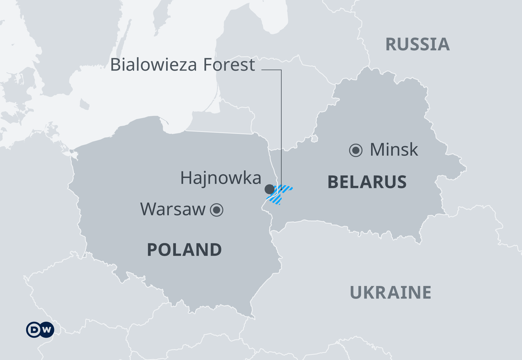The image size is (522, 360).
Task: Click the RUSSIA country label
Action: pyautogui.click(x=418, y=44)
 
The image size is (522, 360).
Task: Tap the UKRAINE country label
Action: pyautogui.click(x=390, y=293)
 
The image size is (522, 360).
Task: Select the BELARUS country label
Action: pyautogui.click(x=367, y=182)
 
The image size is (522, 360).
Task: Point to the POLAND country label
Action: pyautogui.click(x=184, y=250)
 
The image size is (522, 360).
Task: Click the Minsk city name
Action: pyautogui.click(x=394, y=150)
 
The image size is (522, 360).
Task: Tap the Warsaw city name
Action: pyautogui.click(x=173, y=209)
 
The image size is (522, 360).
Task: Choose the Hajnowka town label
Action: pyautogui.click(x=221, y=178)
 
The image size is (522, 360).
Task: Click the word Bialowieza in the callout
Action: pyautogui.click(x=153, y=65)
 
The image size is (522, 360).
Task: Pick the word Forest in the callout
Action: pyautogui.click(x=229, y=65)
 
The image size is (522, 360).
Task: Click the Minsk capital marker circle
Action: pyautogui.click(x=356, y=150)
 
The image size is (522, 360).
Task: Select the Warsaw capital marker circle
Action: pyautogui.click(x=217, y=210)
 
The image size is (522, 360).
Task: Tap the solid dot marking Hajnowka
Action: pyautogui.click(x=269, y=189)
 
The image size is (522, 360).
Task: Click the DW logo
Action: pyautogui.click(x=40, y=330)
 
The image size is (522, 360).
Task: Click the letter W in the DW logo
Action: pyautogui.click(x=47, y=330)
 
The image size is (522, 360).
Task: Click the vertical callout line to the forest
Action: pyautogui.click(x=281, y=122)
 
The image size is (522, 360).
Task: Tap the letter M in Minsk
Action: pyautogui.click(x=378, y=150)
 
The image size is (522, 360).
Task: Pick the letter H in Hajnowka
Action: pyautogui.click(x=187, y=178)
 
